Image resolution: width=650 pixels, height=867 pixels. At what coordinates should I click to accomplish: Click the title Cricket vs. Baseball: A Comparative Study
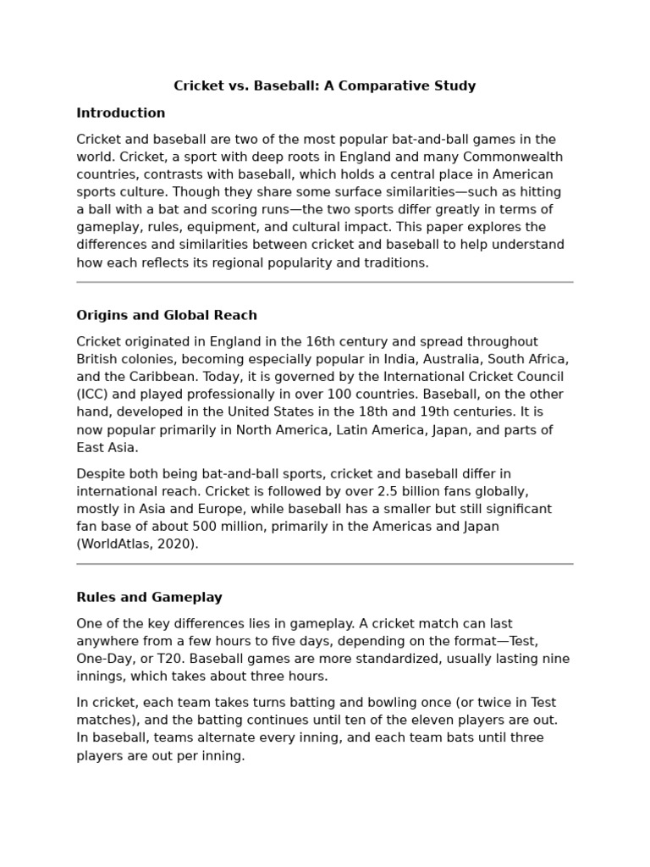tap(325, 86)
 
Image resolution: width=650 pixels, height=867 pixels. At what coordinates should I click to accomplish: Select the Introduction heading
tap(121, 113)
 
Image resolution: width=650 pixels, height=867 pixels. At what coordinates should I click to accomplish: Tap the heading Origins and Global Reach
tap(167, 315)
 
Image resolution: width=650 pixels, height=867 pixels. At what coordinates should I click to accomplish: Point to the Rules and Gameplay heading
tap(149, 597)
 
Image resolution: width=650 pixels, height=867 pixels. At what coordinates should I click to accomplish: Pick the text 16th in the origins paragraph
tap(297, 341)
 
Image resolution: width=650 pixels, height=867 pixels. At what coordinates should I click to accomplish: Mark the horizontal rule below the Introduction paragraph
tap(325, 282)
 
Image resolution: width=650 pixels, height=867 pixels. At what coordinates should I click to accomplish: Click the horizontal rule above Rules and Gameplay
tap(325, 564)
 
